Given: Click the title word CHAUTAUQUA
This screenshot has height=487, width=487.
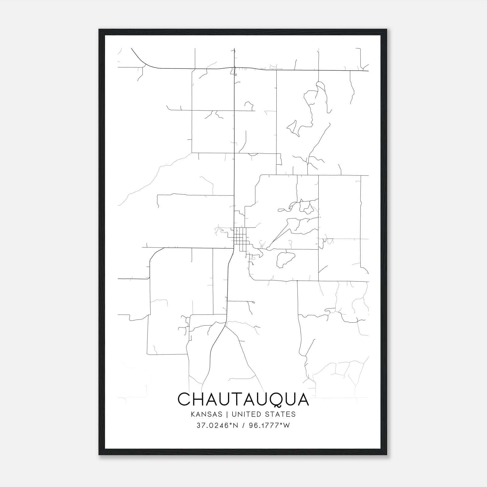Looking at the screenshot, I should (243, 399).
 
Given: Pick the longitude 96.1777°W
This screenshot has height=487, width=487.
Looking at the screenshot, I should (269, 426).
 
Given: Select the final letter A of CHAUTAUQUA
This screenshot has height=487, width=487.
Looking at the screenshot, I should (303, 399).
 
